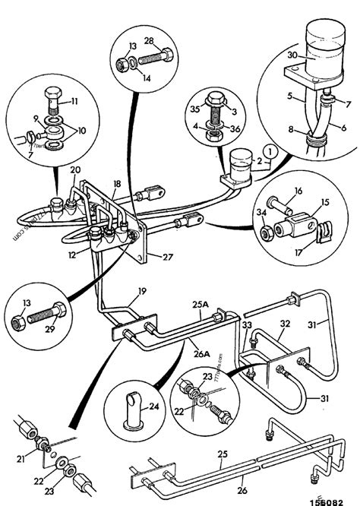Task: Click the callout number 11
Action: point(74,101)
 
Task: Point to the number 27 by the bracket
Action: point(166,258)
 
